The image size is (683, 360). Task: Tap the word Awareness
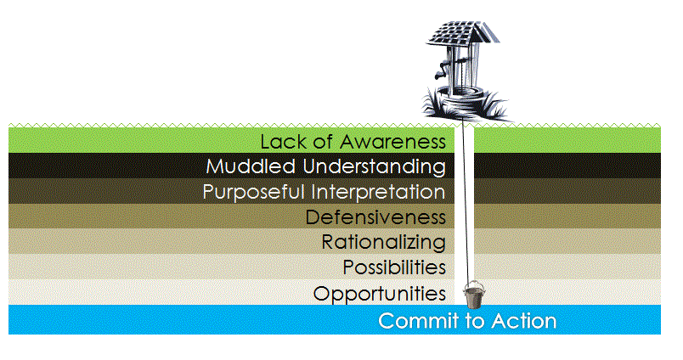pyautogui.click(x=393, y=142)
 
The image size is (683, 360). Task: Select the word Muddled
pyautogui.click(x=251, y=166)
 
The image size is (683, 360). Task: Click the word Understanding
pyautogui.click(x=374, y=167)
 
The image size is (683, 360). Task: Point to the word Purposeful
pyautogui.click(x=253, y=193)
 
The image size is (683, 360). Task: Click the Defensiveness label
pyautogui.click(x=375, y=217)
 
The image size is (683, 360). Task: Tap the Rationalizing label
pyautogui.click(x=384, y=243)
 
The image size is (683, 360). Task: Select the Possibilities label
pyautogui.click(x=394, y=267)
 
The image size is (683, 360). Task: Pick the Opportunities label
pyautogui.click(x=380, y=294)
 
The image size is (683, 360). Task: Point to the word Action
pyautogui.click(x=524, y=321)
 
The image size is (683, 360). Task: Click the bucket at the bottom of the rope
pyautogui.click(x=473, y=295)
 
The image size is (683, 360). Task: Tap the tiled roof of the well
pyautogui.click(x=463, y=33)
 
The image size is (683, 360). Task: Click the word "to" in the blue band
pyautogui.click(x=476, y=321)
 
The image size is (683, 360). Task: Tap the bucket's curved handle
pyautogui.click(x=473, y=283)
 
